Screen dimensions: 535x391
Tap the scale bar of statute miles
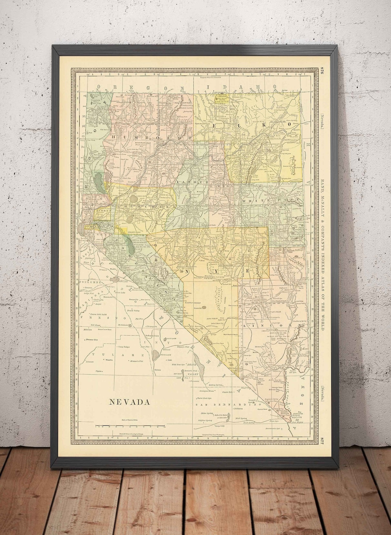tap(130, 426)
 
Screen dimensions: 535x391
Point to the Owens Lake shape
tap(156, 353)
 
